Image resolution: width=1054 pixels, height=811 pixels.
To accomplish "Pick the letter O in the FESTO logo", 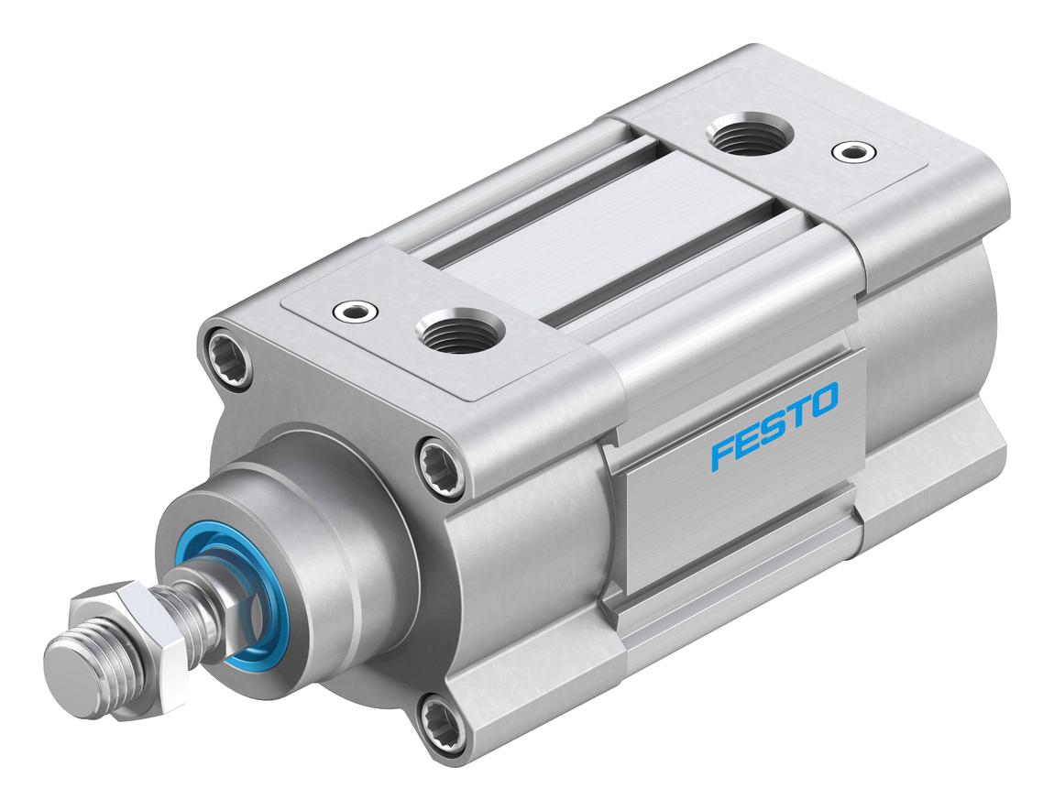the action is point(822,400).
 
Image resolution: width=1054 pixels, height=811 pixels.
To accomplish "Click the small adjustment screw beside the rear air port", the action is point(853,150).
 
